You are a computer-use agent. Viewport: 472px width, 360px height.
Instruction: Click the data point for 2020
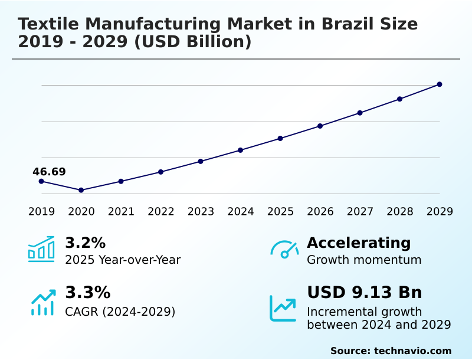click(81, 190)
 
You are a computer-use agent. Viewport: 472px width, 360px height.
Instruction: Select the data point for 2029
click(440, 84)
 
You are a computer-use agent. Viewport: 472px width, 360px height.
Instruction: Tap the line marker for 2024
click(241, 150)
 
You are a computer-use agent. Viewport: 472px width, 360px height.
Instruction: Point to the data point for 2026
click(320, 126)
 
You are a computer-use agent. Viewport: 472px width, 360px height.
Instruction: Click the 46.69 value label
click(49, 172)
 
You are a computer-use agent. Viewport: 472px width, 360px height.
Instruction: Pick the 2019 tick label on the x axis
click(41, 212)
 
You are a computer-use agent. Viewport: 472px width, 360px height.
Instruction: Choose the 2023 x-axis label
click(201, 212)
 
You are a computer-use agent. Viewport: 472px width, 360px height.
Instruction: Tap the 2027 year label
click(360, 212)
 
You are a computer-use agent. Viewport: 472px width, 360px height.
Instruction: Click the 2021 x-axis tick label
click(121, 212)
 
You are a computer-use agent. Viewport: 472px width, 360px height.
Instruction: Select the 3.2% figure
click(85, 243)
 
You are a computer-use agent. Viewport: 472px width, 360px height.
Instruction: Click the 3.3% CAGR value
click(87, 293)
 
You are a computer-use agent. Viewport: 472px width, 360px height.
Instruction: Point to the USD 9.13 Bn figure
click(365, 293)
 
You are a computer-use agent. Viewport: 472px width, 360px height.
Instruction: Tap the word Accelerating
click(359, 243)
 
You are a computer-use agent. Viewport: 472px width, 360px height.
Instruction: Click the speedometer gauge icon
click(284, 249)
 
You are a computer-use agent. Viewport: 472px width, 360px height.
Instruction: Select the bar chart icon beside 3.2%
click(41, 249)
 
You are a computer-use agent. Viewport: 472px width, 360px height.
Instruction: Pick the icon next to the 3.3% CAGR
click(42, 302)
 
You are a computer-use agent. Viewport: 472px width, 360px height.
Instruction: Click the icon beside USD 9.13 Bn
click(283, 308)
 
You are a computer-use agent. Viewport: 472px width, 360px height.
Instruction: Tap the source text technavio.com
click(412, 351)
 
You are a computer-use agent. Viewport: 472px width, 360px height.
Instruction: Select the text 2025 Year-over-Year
click(123, 260)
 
